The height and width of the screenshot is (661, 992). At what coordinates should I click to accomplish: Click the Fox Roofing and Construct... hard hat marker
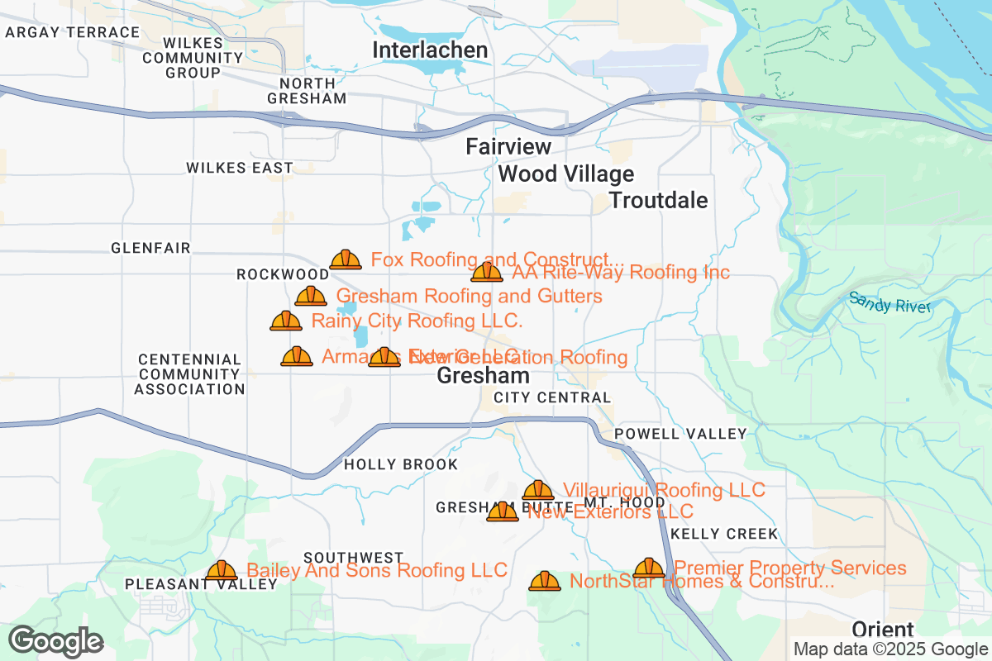pos(346,260)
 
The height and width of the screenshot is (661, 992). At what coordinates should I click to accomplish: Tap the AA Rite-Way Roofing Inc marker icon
pos(487,272)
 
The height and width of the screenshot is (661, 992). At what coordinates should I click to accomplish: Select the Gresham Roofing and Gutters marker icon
pos(311,296)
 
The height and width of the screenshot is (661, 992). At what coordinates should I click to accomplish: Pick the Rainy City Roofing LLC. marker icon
pos(286,321)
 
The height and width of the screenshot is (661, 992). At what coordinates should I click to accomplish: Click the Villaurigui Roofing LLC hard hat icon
pos(538,491)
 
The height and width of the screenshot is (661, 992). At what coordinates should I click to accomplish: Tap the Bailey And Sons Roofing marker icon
pos(222,570)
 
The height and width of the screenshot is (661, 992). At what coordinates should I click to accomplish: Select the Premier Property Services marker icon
pos(649,568)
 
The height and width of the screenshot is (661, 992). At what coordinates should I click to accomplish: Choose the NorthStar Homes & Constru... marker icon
pos(545,581)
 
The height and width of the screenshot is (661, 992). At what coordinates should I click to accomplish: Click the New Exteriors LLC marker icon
pos(503,512)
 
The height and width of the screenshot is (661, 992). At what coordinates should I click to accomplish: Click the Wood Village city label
pos(566,174)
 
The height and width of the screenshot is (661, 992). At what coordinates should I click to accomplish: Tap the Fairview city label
pos(508,147)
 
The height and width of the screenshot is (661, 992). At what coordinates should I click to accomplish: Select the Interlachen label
pos(430,50)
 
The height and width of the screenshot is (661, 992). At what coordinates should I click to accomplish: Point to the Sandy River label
pos(889,303)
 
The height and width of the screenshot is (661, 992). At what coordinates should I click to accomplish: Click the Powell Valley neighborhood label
pos(680,434)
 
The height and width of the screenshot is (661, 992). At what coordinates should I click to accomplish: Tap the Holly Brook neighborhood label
pos(401,465)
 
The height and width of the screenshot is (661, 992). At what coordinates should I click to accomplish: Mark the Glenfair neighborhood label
pos(150,248)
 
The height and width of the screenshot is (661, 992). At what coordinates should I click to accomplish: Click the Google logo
pos(56,641)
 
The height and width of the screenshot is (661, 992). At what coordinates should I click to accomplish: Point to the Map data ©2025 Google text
pos(890,649)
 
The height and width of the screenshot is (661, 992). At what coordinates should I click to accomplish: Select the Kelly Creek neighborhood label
pos(724,534)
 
